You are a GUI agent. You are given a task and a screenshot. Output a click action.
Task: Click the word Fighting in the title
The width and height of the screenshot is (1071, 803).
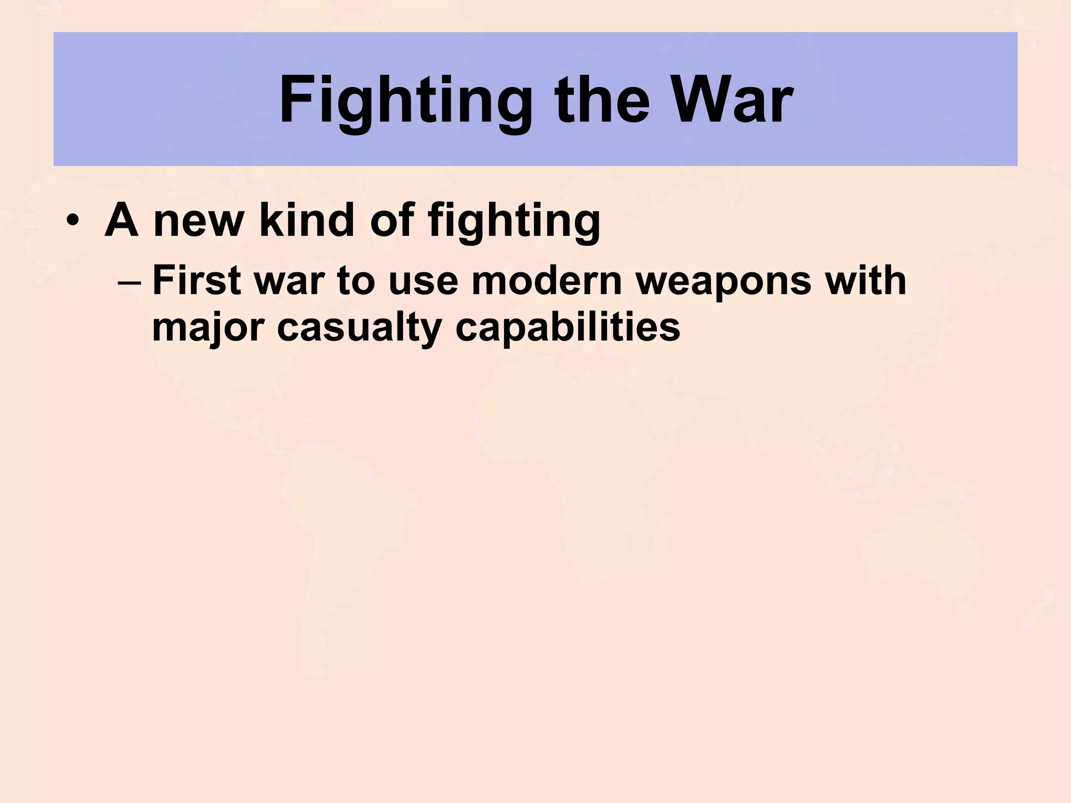[x=405, y=100]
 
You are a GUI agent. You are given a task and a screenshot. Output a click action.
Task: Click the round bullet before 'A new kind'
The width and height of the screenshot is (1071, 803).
[x=73, y=221]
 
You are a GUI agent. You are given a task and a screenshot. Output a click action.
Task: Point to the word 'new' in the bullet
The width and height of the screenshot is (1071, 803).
[x=199, y=221]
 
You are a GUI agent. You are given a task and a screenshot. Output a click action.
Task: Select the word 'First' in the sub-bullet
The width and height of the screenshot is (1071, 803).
[x=197, y=281]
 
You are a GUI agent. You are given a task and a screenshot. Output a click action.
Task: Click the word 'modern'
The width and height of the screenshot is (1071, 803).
[x=546, y=281]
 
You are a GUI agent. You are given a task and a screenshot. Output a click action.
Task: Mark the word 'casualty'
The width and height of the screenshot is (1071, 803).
[x=359, y=328]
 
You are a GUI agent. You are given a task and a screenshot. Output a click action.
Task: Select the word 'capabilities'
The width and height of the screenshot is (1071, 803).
[x=568, y=328]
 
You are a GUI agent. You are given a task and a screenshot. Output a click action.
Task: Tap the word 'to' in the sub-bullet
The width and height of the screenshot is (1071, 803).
[x=356, y=281]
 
